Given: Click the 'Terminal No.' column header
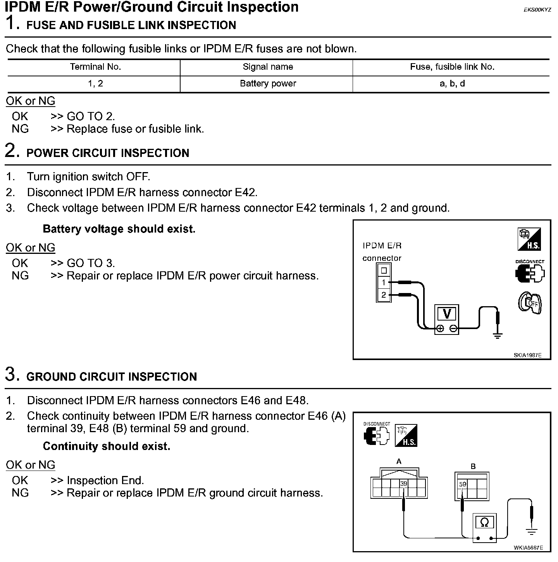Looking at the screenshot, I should tap(95, 67).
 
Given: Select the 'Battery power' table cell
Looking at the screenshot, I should tap(268, 83).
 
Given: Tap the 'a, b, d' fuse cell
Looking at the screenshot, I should tap(452, 83).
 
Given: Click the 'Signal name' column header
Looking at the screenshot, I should tap(268, 67).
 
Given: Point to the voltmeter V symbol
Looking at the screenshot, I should tap(447, 314).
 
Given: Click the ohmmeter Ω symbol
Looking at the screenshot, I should tap(484, 522).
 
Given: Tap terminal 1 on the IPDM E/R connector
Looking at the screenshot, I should tap(384, 283).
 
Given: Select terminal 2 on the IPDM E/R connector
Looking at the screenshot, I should tap(384, 295).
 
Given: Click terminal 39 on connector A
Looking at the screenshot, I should tap(404, 484).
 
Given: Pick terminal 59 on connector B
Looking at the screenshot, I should tap(462, 484).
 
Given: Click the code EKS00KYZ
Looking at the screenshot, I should tap(537, 10).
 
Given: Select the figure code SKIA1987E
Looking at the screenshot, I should tap(527, 355).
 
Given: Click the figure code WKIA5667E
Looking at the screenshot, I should tap(528, 548).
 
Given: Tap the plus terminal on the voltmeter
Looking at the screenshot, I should tap(440, 329).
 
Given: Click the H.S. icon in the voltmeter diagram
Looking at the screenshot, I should tap(529, 239).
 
